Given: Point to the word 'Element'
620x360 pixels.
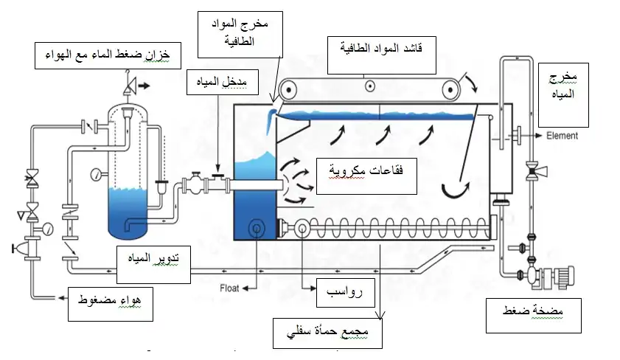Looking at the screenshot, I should [562, 136].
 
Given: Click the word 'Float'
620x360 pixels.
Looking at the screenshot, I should [230, 286].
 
